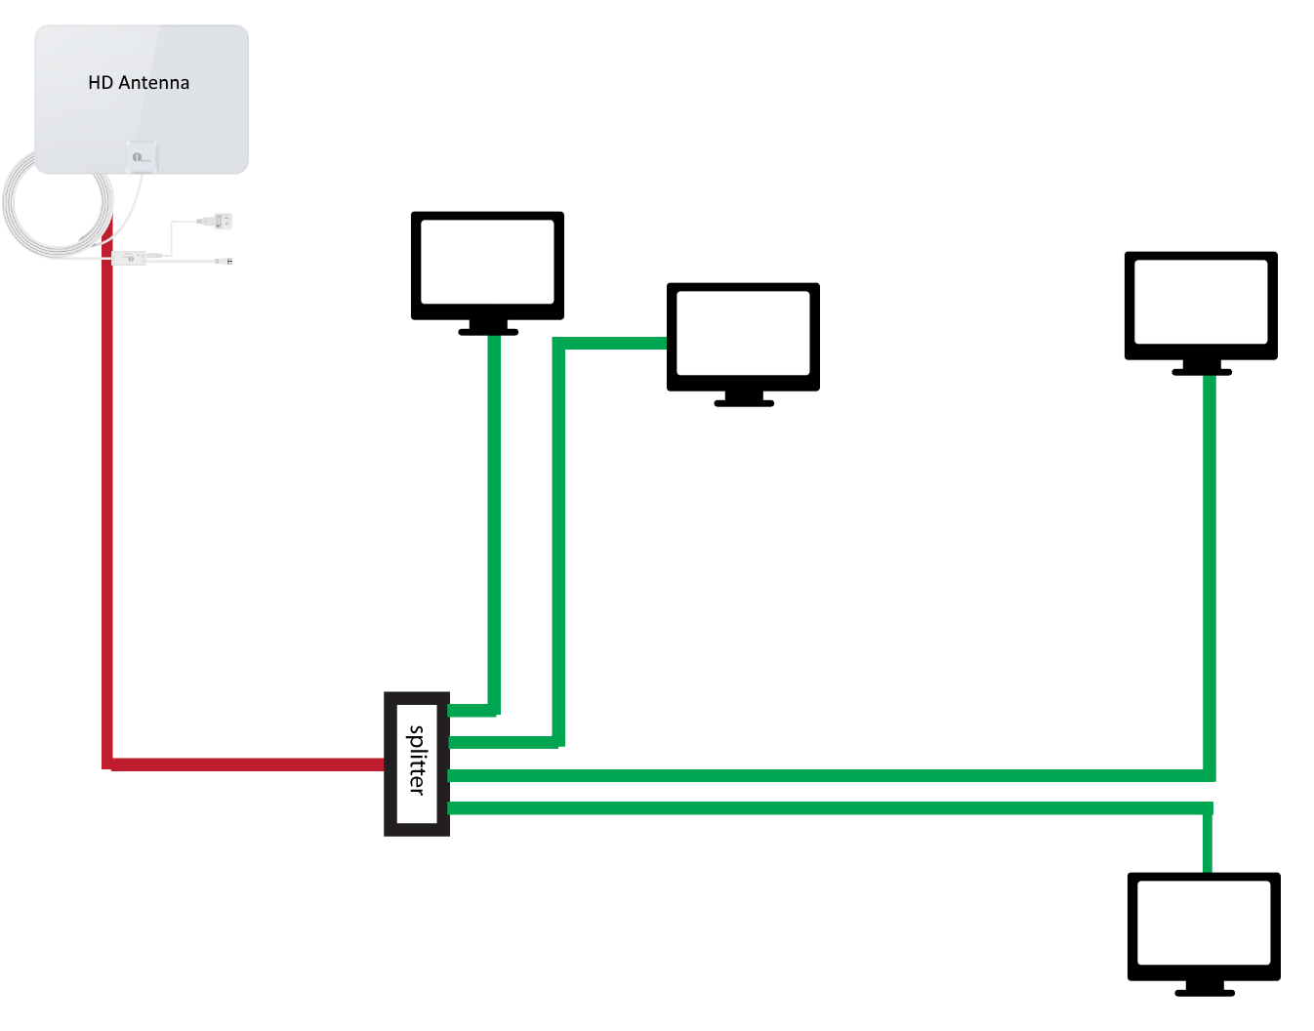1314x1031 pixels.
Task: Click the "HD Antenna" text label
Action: click(139, 83)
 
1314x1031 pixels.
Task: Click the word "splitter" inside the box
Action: click(417, 760)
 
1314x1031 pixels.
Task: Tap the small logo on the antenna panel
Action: click(141, 156)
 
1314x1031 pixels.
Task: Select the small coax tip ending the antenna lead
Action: click(227, 261)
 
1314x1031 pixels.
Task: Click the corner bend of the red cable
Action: click(107, 763)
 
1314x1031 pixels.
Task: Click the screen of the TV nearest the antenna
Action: click(487, 261)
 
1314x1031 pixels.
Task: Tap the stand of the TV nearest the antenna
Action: click(488, 328)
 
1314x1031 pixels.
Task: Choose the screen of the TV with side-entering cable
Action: click(743, 332)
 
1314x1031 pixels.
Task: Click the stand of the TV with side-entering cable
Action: click(744, 399)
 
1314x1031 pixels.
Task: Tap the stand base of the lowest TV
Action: click(1205, 992)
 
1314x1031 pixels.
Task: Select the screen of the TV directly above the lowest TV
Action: click(1201, 301)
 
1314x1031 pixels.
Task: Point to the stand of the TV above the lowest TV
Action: click(1202, 368)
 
